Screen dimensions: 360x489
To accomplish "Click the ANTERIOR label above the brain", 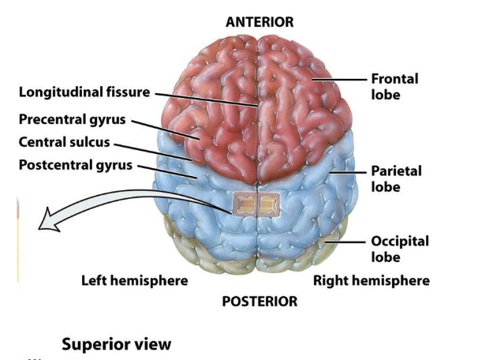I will point(259,22).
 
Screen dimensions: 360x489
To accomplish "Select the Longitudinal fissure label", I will point(84,92).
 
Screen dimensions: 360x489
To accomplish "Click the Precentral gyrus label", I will point(73,120).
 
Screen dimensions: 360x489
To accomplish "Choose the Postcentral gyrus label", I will point(76,166).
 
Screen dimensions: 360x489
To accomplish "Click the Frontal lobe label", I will point(394,86).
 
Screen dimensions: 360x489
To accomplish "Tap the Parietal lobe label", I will point(395,178).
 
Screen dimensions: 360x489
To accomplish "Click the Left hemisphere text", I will point(135,280).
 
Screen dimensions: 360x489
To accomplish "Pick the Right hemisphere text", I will point(371,280).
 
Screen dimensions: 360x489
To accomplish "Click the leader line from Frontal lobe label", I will point(340,79).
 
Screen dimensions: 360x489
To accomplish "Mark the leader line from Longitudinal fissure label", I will point(205,99).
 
